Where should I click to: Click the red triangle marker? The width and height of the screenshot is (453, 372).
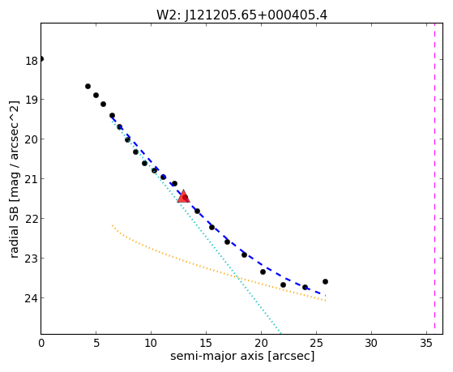(x=183, y=196)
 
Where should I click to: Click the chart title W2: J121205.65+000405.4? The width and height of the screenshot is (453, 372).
(x=241, y=15)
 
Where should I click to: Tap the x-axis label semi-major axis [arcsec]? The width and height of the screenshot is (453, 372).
(x=242, y=356)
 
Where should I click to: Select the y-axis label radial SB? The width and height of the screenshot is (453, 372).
(x=15, y=232)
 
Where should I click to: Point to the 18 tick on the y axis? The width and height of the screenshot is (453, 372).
(x=32, y=62)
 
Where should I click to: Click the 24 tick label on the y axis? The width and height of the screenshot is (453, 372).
(x=32, y=298)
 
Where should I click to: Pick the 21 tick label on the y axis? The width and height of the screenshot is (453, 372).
(x=32, y=179)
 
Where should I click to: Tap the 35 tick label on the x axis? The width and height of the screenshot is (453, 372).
(x=426, y=343)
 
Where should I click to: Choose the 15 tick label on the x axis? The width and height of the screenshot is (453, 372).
(x=207, y=343)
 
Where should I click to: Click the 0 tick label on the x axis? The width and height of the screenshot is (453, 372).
(x=41, y=343)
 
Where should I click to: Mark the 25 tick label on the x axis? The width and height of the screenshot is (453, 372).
(x=316, y=343)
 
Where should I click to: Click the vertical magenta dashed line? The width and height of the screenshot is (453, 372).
(x=434, y=178)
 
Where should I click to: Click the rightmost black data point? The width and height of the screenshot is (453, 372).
(x=325, y=281)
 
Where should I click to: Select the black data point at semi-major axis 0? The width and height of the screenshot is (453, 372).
(x=41, y=59)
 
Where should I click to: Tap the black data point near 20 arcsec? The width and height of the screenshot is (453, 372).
(x=263, y=272)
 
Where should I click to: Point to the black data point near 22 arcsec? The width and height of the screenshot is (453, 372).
(x=283, y=285)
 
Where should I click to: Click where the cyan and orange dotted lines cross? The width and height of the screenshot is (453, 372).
(x=237, y=277)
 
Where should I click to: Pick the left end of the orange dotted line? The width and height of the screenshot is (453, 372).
(x=113, y=225)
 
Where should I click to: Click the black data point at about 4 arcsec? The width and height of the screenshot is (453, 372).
(x=88, y=87)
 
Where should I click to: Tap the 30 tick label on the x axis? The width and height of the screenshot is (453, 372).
(x=371, y=343)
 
